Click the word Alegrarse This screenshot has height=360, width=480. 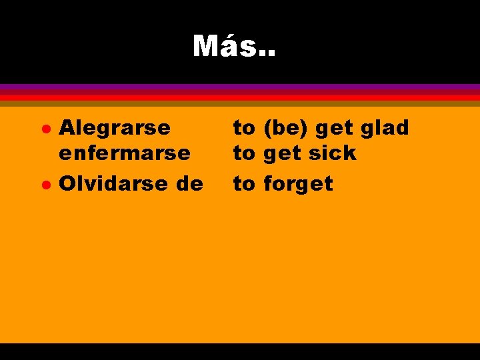pyautogui.click(x=115, y=127)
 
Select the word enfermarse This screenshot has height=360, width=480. pyautogui.click(x=125, y=153)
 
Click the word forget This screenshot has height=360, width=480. pyautogui.click(x=298, y=183)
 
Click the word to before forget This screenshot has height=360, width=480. pyautogui.click(x=243, y=184)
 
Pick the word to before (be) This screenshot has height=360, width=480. pyautogui.click(x=243, y=128)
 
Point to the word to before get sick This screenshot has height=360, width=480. pyautogui.click(x=243, y=154)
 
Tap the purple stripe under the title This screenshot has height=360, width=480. pyautogui.click(x=240, y=87)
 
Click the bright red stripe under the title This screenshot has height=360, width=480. pyautogui.click(x=240, y=97)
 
